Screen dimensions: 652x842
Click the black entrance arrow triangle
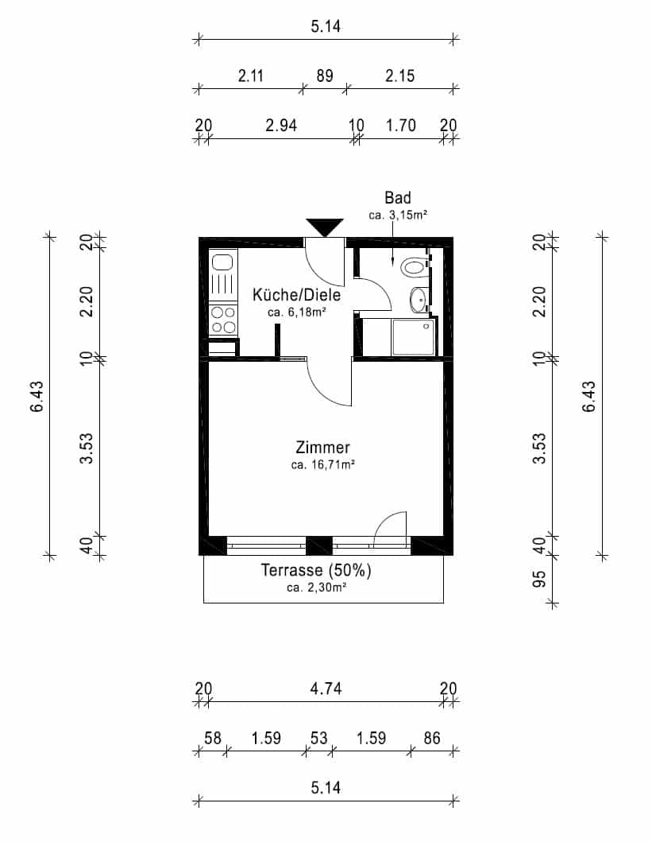point(324,226)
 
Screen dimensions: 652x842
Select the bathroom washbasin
point(419,299)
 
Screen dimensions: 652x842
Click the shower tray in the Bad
point(413,336)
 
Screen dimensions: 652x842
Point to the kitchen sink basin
point(222,262)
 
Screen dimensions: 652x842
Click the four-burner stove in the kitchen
point(223,320)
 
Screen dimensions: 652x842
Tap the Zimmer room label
point(322,448)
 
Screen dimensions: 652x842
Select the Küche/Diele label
point(296,294)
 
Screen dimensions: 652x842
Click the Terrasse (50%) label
point(316,570)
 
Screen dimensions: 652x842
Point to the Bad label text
point(397,198)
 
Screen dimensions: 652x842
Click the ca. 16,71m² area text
point(322,464)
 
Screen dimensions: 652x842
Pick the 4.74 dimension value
point(326,689)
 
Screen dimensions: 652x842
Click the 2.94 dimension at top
point(281,125)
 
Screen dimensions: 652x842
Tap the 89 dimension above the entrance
point(324,76)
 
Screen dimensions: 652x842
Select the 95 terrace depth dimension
point(539,579)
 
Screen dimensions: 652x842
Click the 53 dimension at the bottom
point(318,738)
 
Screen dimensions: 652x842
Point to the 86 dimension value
point(432,738)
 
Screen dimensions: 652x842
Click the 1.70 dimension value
point(400,125)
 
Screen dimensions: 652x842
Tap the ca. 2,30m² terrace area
point(316,588)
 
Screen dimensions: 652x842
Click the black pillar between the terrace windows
point(319,545)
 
